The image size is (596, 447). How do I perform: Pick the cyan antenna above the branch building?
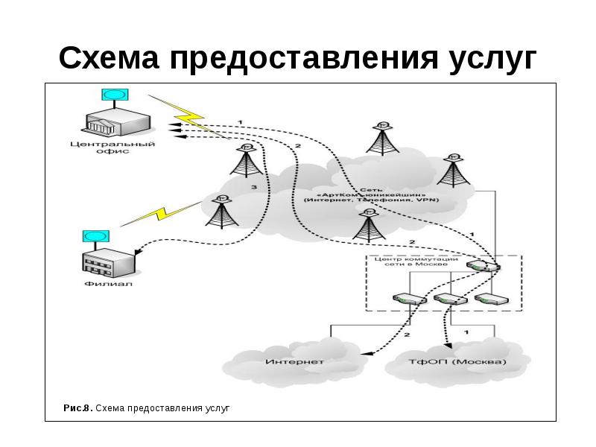(x=95, y=236)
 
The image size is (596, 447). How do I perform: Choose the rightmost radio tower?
(x=453, y=171)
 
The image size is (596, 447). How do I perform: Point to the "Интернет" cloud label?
(x=294, y=362)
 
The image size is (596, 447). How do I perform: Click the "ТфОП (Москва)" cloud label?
(x=457, y=362)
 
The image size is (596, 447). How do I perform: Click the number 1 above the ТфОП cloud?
(x=466, y=331)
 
